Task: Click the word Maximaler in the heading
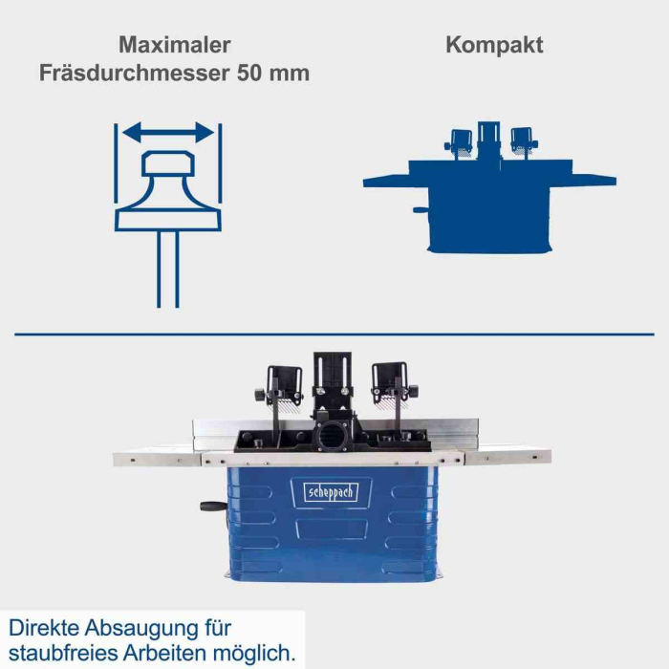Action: coord(175,45)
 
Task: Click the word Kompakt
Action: coord(494,45)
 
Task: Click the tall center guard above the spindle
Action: coord(332,382)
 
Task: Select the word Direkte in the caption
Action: coord(44,629)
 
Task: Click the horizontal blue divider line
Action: coord(334,334)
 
